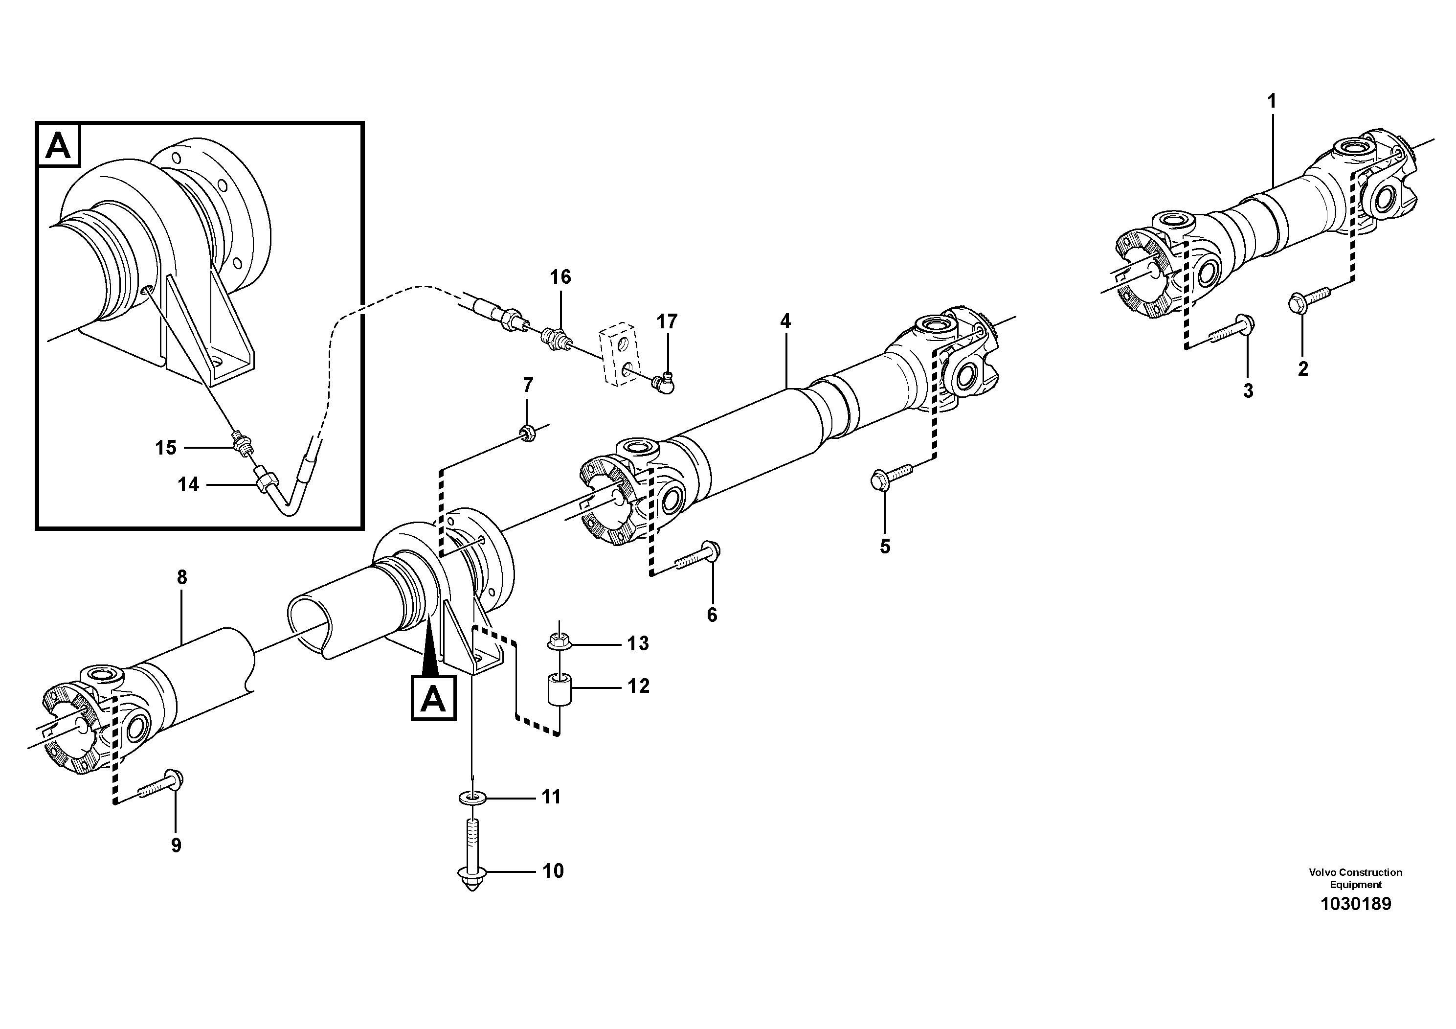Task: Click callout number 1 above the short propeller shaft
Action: pos(1272,101)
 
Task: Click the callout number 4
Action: pos(785,321)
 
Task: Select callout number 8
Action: pos(182,577)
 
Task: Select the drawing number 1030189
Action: pos(1355,905)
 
